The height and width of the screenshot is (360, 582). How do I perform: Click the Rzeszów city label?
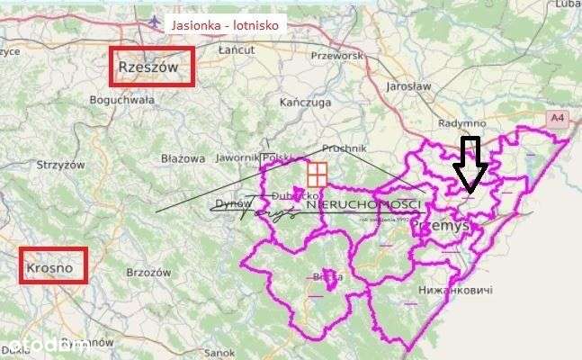(151, 67)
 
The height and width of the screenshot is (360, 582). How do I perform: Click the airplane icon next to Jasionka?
(156, 22)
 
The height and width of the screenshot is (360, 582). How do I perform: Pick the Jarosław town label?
(408, 85)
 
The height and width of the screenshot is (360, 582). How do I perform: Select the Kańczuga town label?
(300, 102)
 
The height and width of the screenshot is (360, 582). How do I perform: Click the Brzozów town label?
(149, 271)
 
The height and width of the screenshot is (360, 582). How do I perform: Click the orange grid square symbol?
(317, 173)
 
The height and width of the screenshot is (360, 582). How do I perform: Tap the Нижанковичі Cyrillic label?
(455, 291)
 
